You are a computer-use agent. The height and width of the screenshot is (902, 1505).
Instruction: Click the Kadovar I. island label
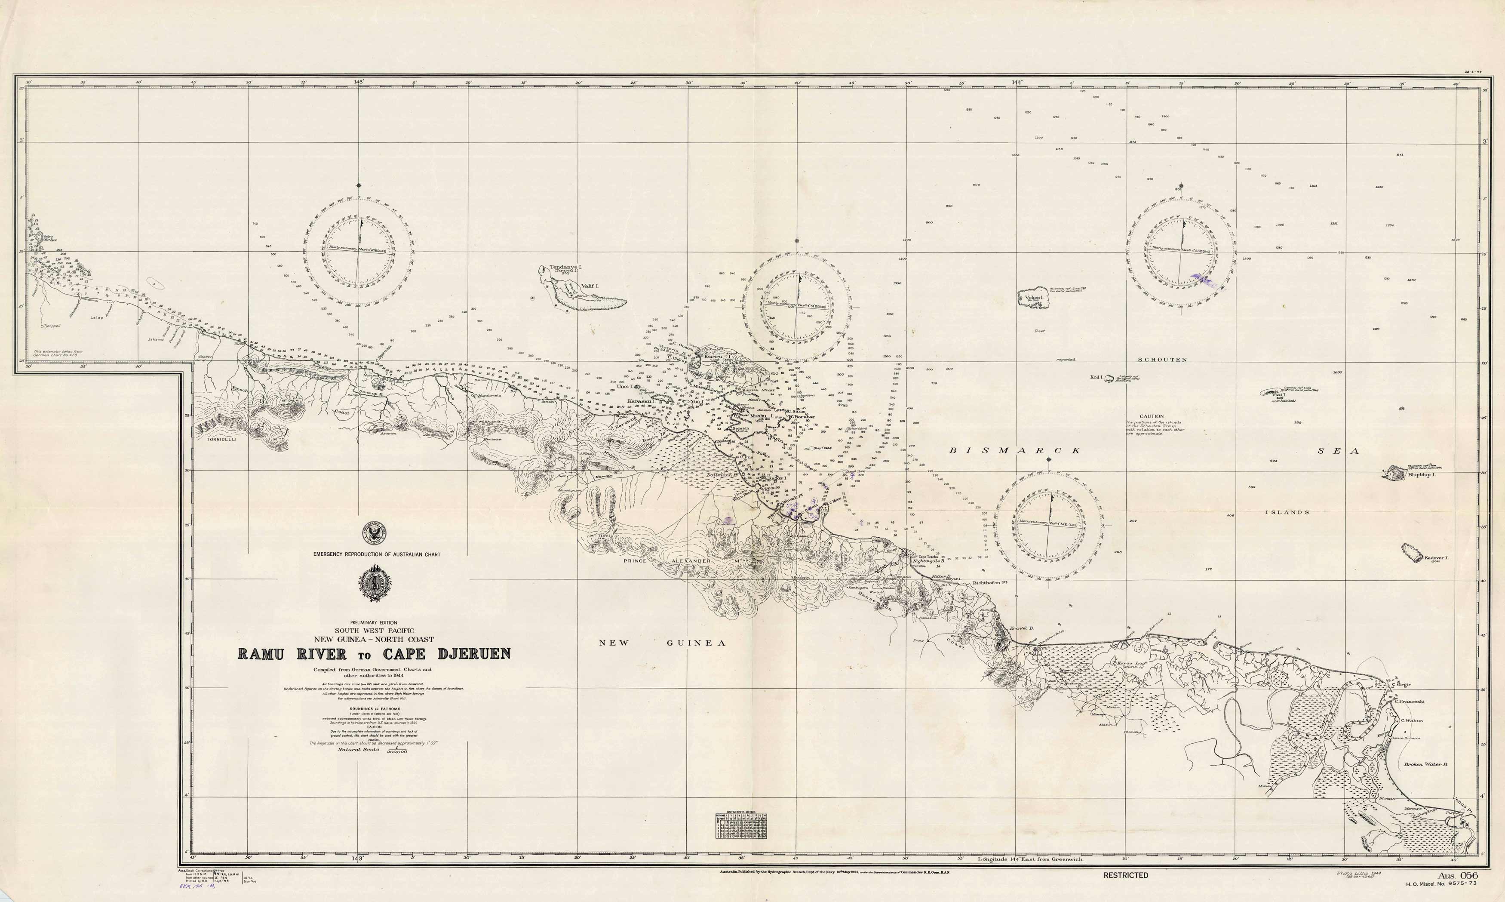(x=1436, y=558)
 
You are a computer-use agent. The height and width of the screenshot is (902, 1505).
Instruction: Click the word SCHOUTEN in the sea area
(x=1162, y=359)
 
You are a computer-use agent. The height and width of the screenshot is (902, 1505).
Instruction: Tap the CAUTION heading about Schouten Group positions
(x=1152, y=416)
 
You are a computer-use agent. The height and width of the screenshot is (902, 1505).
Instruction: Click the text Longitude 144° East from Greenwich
(x=1030, y=859)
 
